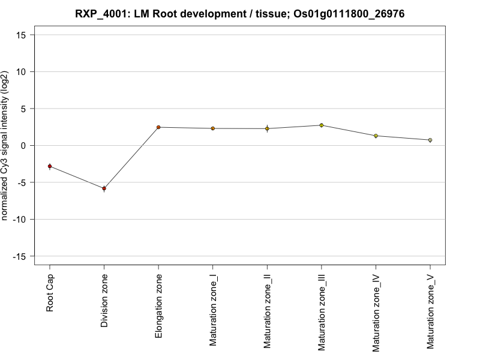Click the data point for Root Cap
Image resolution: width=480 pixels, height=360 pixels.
pyautogui.click(x=50, y=166)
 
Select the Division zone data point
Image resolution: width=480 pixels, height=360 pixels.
pyautogui.click(x=104, y=188)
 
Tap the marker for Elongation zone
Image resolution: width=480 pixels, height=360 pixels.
pyautogui.click(x=158, y=127)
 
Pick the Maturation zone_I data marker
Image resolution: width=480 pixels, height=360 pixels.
pyautogui.click(x=212, y=128)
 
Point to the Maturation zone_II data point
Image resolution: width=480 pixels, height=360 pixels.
pyautogui.click(x=267, y=128)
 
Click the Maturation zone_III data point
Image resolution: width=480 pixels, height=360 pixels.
pyautogui.click(x=321, y=125)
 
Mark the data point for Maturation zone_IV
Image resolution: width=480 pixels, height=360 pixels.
pyautogui.click(x=376, y=136)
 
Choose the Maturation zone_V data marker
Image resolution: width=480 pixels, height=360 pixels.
pyautogui.click(x=430, y=140)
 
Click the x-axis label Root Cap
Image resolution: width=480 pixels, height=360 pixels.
pyautogui.click(x=50, y=294)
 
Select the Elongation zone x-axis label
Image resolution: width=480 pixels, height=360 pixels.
pyautogui.click(x=158, y=305)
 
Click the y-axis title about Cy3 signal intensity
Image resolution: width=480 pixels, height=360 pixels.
pyautogui.click(x=5, y=145)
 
